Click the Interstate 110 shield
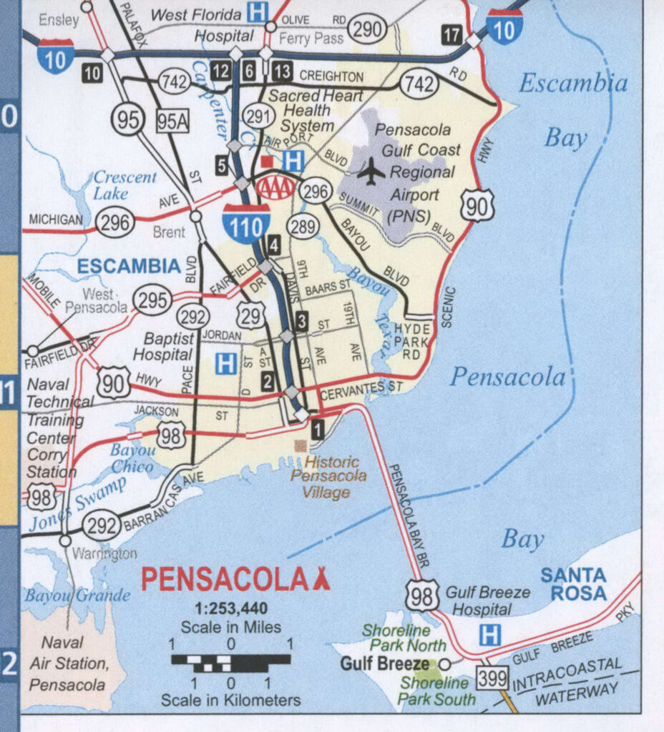246,223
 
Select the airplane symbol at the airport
371,172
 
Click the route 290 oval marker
367,29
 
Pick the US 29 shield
250,315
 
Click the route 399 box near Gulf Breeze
493,678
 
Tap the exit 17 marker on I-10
451,34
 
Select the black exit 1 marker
318,429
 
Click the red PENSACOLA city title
224,580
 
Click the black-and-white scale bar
230,661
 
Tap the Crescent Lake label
125,184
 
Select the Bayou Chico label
132,458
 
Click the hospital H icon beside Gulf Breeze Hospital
489,635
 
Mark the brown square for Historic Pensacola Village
301,446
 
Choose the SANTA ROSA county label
573,583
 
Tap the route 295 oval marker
153,300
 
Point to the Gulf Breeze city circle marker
444,663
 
